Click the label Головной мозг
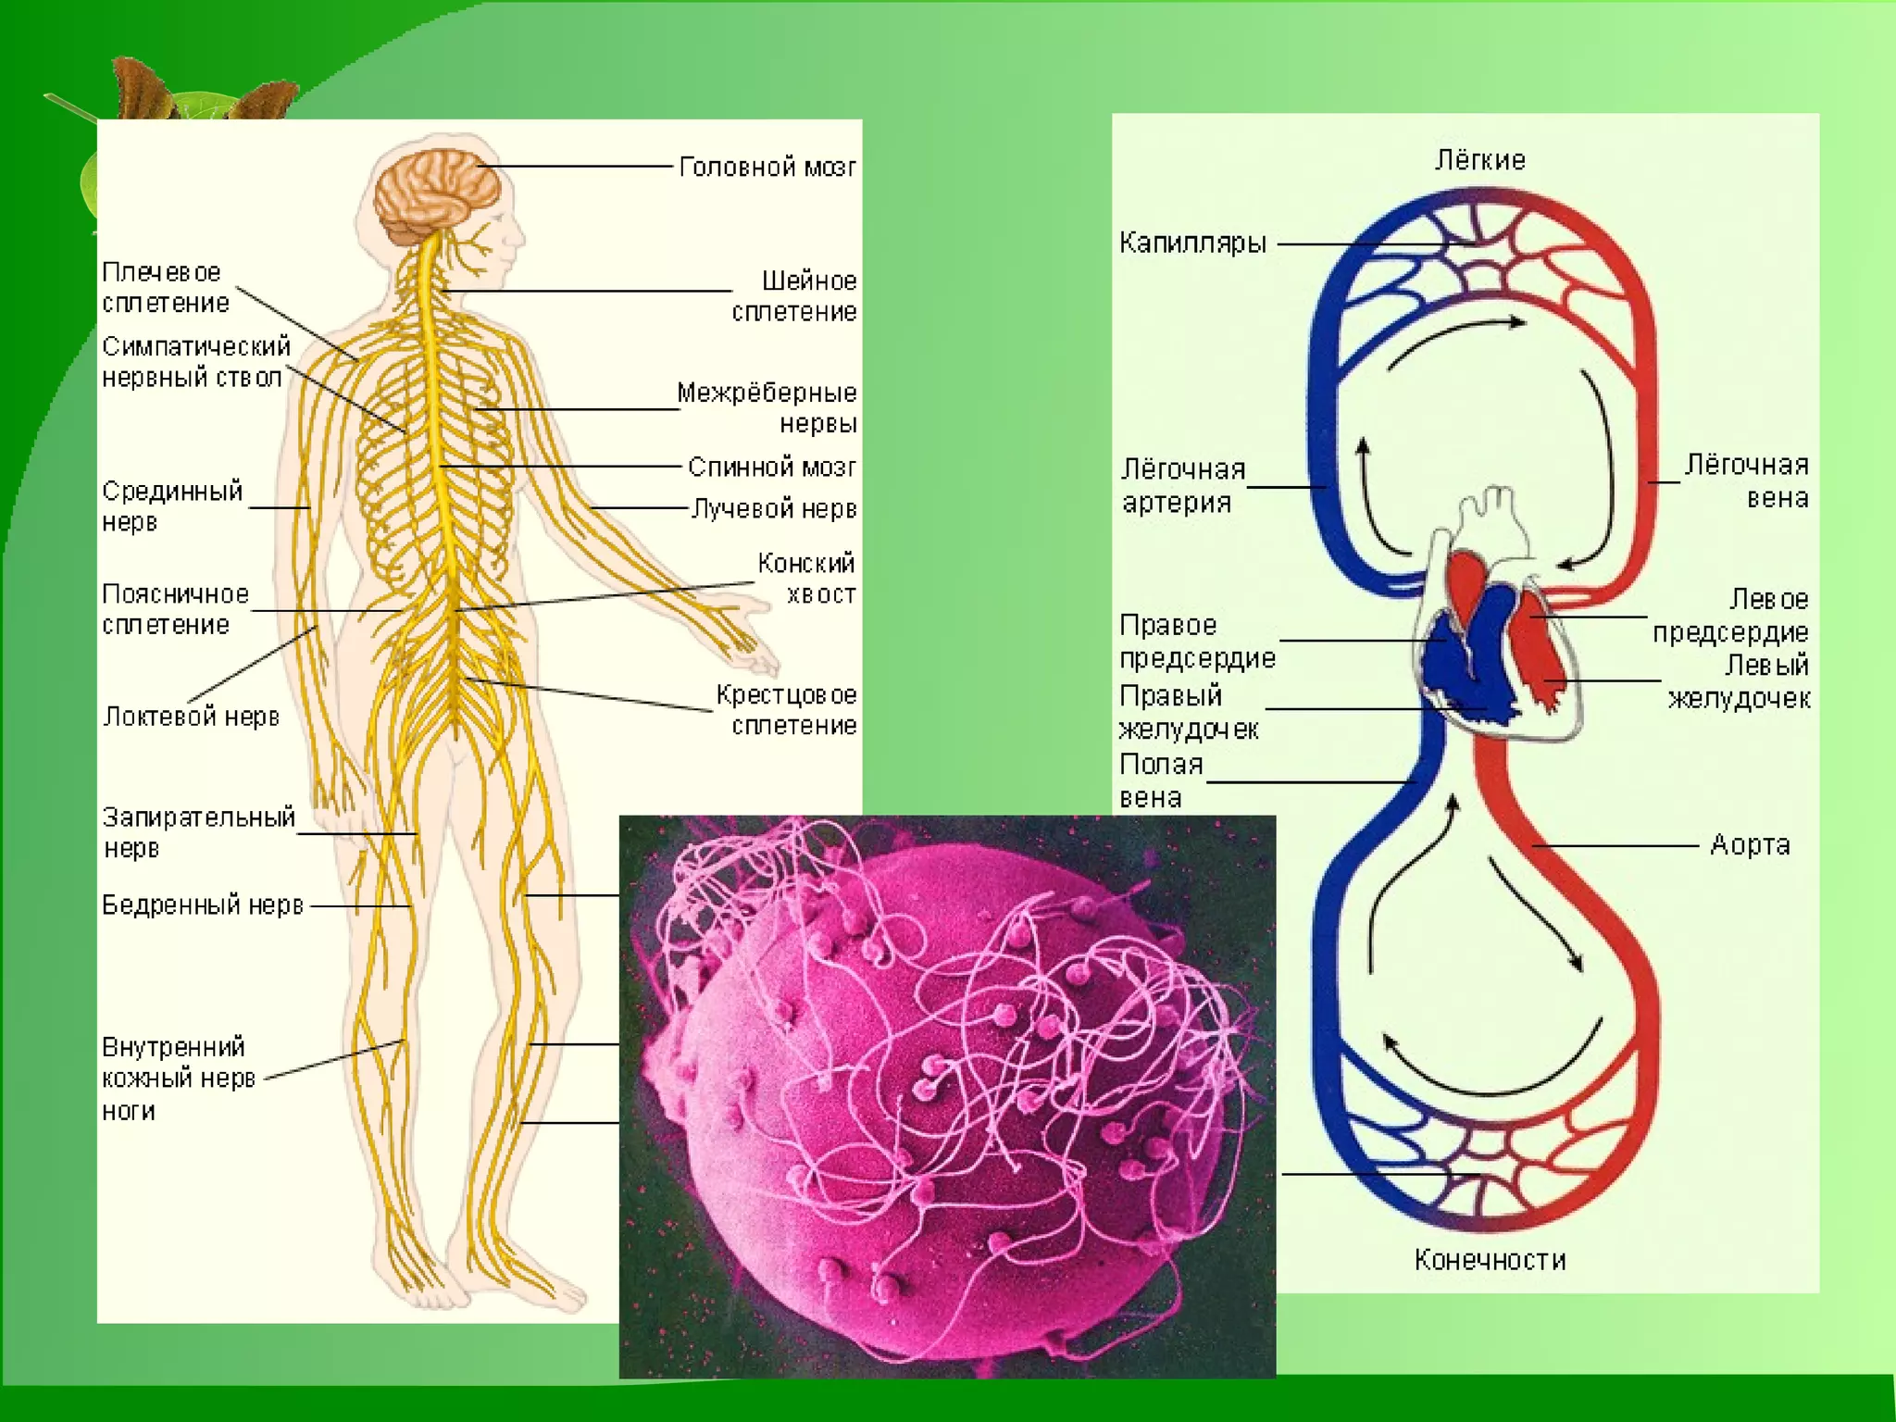[767, 168]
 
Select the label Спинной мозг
[771, 468]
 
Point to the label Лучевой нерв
[774, 509]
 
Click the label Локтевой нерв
[191, 717]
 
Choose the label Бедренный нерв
[203, 905]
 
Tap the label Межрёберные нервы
[767, 408]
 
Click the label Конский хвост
[806, 579]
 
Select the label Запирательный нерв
[197, 832]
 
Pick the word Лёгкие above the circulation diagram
[1479, 160]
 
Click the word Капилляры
[1192, 243]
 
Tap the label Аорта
[1749, 845]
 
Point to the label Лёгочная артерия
[1182, 486]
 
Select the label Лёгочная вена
[1747, 481]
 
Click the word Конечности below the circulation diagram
[1490, 1260]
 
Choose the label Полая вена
[1161, 780]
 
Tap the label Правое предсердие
[1196, 642]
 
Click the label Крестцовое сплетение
[787, 710]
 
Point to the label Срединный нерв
[171, 506]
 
